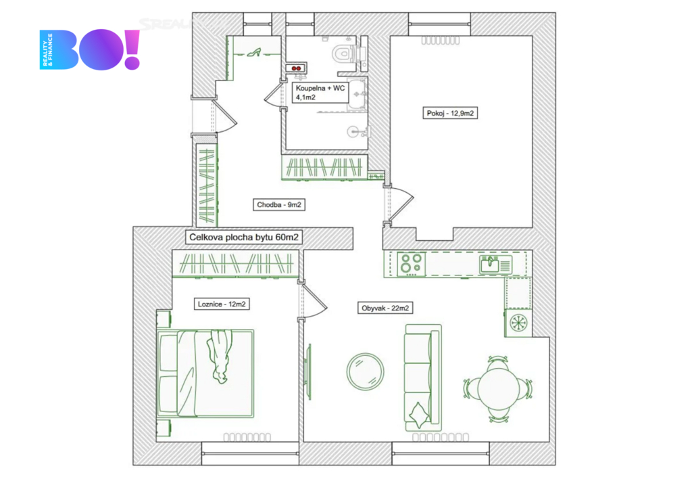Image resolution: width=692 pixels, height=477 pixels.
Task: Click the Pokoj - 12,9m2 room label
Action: (x=450, y=113)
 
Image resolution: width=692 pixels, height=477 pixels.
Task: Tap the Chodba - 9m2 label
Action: (x=279, y=204)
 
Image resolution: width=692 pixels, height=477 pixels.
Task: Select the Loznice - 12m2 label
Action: (x=222, y=304)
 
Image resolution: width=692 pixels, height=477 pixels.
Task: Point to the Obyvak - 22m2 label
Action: (x=385, y=308)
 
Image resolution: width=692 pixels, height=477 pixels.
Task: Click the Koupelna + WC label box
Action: (x=320, y=92)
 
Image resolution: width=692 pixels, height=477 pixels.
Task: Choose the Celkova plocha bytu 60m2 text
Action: (x=244, y=237)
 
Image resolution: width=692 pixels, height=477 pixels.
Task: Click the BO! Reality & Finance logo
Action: (x=90, y=49)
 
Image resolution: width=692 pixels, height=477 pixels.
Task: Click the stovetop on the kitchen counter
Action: (x=411, y=264)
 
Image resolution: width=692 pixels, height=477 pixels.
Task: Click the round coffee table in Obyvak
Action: (x=365, y=371)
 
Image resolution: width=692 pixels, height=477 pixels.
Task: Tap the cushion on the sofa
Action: (x=419, y=415)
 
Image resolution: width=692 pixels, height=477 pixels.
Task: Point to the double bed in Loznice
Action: (x=205, y=373)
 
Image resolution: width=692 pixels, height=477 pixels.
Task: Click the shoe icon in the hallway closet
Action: (x=253, y=53)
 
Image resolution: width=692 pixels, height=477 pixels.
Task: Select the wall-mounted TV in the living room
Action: (x=307, y=371)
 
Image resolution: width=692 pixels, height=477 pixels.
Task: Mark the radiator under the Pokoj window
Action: (x=440, y=41)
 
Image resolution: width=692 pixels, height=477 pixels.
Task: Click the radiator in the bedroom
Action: (x=247, y=437)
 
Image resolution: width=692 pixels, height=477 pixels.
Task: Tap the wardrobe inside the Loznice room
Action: (x=237, y=264)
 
